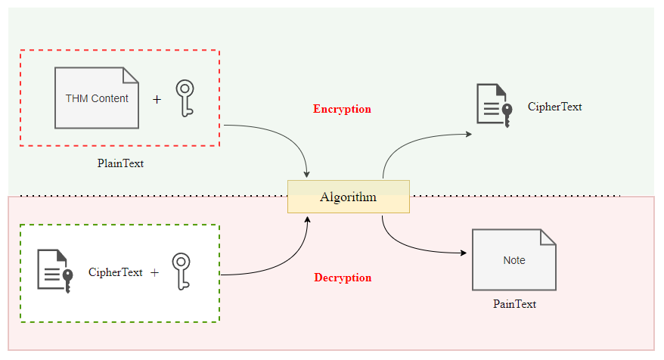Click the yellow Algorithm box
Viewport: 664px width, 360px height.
pos(348,197)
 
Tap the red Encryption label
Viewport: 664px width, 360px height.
pos(342,109)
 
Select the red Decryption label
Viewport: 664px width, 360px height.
pos(343,278)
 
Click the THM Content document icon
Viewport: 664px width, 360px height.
pos(97,98)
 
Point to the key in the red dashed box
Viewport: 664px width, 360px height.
pos(185,98)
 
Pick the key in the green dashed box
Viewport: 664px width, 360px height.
pos(180,272)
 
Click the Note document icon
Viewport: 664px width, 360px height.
pos(514,260)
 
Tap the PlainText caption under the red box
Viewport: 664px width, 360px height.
pos(120,163)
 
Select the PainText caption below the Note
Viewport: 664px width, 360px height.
pos(514,304)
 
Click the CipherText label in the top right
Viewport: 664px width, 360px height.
pos(554,107)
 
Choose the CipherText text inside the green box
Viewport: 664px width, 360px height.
pos(115,272)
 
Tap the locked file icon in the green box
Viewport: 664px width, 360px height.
pos(55,269)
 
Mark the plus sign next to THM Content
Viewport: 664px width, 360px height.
pos(157,99)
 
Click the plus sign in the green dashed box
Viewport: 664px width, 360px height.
pos(154,272)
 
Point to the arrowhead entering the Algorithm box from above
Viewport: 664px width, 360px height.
pos(306,175)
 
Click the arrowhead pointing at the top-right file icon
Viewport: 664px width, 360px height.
pos(469,134)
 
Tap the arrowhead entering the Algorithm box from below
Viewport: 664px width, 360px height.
pos(307,218)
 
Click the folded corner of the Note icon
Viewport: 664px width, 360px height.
pos(548,236)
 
